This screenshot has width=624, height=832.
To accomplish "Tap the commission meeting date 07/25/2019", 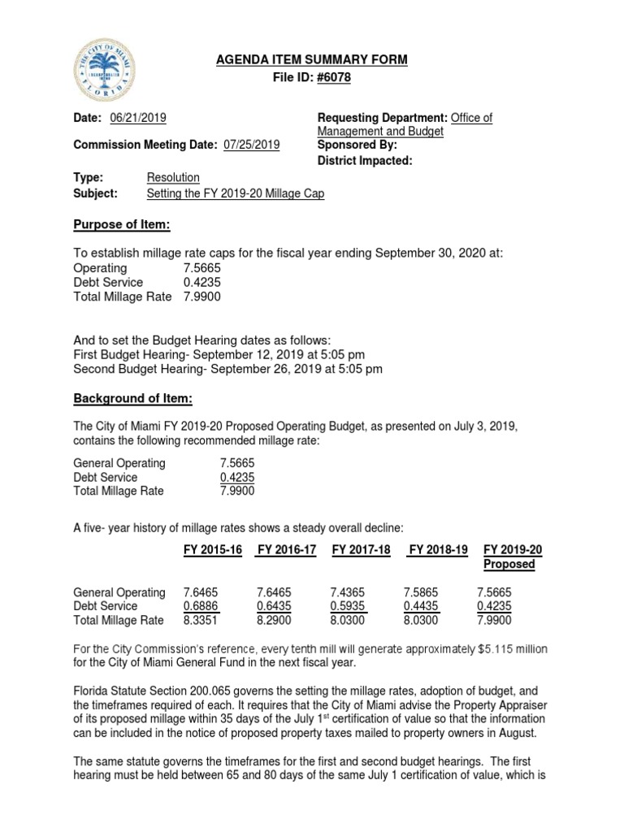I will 250,145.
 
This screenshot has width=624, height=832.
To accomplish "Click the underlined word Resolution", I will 173,177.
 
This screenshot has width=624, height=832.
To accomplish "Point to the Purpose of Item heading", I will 122,224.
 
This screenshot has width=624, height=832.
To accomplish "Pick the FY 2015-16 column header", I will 213,550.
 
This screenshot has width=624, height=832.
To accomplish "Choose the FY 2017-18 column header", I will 362,550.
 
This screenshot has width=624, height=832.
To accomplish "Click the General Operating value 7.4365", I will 349,592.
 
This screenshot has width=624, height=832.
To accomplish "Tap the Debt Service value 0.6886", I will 201,606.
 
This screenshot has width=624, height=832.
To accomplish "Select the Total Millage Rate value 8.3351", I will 201,621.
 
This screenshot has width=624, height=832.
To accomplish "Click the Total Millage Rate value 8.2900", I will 275,621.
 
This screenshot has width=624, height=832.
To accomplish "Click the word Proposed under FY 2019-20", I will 509,565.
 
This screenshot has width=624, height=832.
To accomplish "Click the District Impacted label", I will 365,161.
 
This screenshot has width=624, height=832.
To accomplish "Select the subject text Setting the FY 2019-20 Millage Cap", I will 235,193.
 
